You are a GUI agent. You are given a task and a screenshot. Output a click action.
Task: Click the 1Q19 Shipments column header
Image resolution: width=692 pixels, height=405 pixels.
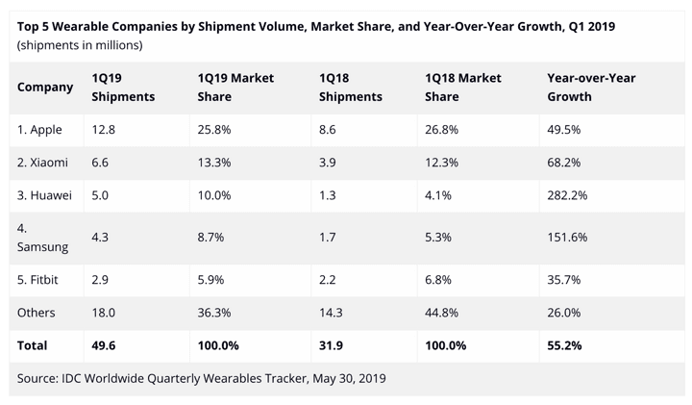(x=122, y=87)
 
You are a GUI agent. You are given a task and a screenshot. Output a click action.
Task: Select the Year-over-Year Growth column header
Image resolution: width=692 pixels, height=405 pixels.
(x=590, y=87)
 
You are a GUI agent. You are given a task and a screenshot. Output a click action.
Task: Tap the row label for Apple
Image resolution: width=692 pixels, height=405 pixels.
(x=40, y=130)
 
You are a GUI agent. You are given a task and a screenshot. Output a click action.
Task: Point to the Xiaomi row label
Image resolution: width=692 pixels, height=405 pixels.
(x=42, y=163)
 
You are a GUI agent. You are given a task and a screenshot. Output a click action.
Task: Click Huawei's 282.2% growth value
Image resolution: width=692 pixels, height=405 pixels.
(x=567, y=195)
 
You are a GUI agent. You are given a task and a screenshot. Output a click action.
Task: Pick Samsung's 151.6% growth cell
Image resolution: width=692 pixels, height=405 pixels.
(x=567, y=238)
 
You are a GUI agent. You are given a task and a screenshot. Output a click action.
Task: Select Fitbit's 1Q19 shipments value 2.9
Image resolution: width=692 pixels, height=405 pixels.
(x=100, y=280)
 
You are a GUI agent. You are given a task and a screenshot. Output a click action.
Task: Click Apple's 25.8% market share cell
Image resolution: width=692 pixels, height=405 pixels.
(x=214, y=130)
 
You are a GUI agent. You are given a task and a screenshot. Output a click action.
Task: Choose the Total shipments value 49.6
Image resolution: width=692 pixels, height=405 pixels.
(x=103, y=344)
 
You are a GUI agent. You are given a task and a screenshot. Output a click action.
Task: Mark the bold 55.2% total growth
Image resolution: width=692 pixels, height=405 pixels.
(x=564, y=344)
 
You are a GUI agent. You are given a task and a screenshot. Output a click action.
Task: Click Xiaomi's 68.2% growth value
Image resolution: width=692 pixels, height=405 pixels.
(x=564, y=163)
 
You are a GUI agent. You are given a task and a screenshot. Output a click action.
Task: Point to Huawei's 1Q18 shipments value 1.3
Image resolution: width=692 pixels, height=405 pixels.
(x=326, y=195)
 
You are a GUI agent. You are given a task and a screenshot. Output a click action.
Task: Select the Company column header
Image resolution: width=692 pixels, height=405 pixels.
(x=45, y=87)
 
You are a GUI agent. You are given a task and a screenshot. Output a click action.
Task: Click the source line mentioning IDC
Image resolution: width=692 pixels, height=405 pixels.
(x=202, y=378)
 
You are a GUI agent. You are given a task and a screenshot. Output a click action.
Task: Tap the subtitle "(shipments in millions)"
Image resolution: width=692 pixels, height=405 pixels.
(x=80, y=45)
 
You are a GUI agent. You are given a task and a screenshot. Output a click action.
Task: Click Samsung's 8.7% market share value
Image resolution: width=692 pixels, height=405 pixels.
(x=211, y=238)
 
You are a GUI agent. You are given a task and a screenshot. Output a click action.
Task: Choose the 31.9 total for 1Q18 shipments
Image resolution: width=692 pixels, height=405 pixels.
(x=329, y=344)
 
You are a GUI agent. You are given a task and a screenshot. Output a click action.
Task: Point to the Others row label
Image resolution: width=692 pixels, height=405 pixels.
(x=37, y=313)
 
